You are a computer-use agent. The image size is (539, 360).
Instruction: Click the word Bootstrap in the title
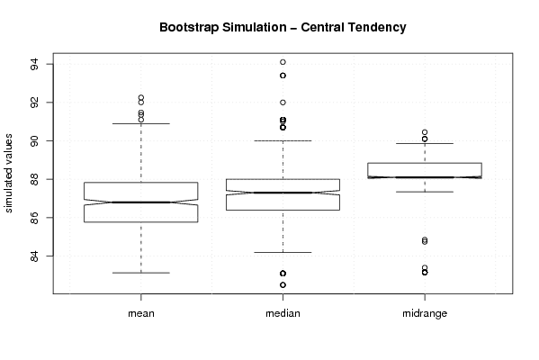189,27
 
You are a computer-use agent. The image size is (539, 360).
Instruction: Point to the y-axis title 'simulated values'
8,174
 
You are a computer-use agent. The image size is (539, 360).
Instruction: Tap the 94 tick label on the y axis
35,64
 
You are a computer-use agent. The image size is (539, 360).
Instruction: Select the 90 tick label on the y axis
35,141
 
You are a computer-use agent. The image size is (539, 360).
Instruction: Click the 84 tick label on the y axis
35,256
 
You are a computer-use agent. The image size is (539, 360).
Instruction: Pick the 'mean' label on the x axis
141,313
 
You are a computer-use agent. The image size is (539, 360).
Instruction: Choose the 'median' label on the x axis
283,313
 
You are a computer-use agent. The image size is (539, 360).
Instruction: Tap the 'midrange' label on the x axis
425,314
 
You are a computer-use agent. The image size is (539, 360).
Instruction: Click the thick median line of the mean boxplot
141,202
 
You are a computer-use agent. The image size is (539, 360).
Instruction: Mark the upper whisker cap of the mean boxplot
141,123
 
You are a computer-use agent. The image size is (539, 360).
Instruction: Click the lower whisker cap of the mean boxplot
141,273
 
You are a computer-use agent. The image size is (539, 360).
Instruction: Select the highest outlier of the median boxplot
283,62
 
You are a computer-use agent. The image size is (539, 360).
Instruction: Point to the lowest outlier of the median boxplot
283,285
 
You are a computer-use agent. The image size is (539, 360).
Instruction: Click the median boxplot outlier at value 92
283,103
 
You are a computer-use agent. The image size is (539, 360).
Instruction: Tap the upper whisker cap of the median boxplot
283,140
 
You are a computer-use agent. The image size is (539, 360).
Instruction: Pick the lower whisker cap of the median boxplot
283,252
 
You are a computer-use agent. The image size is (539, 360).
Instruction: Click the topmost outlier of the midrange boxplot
425,132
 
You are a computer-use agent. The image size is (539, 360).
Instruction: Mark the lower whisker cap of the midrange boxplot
425,192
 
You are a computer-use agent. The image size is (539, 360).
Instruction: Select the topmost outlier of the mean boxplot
141,98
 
